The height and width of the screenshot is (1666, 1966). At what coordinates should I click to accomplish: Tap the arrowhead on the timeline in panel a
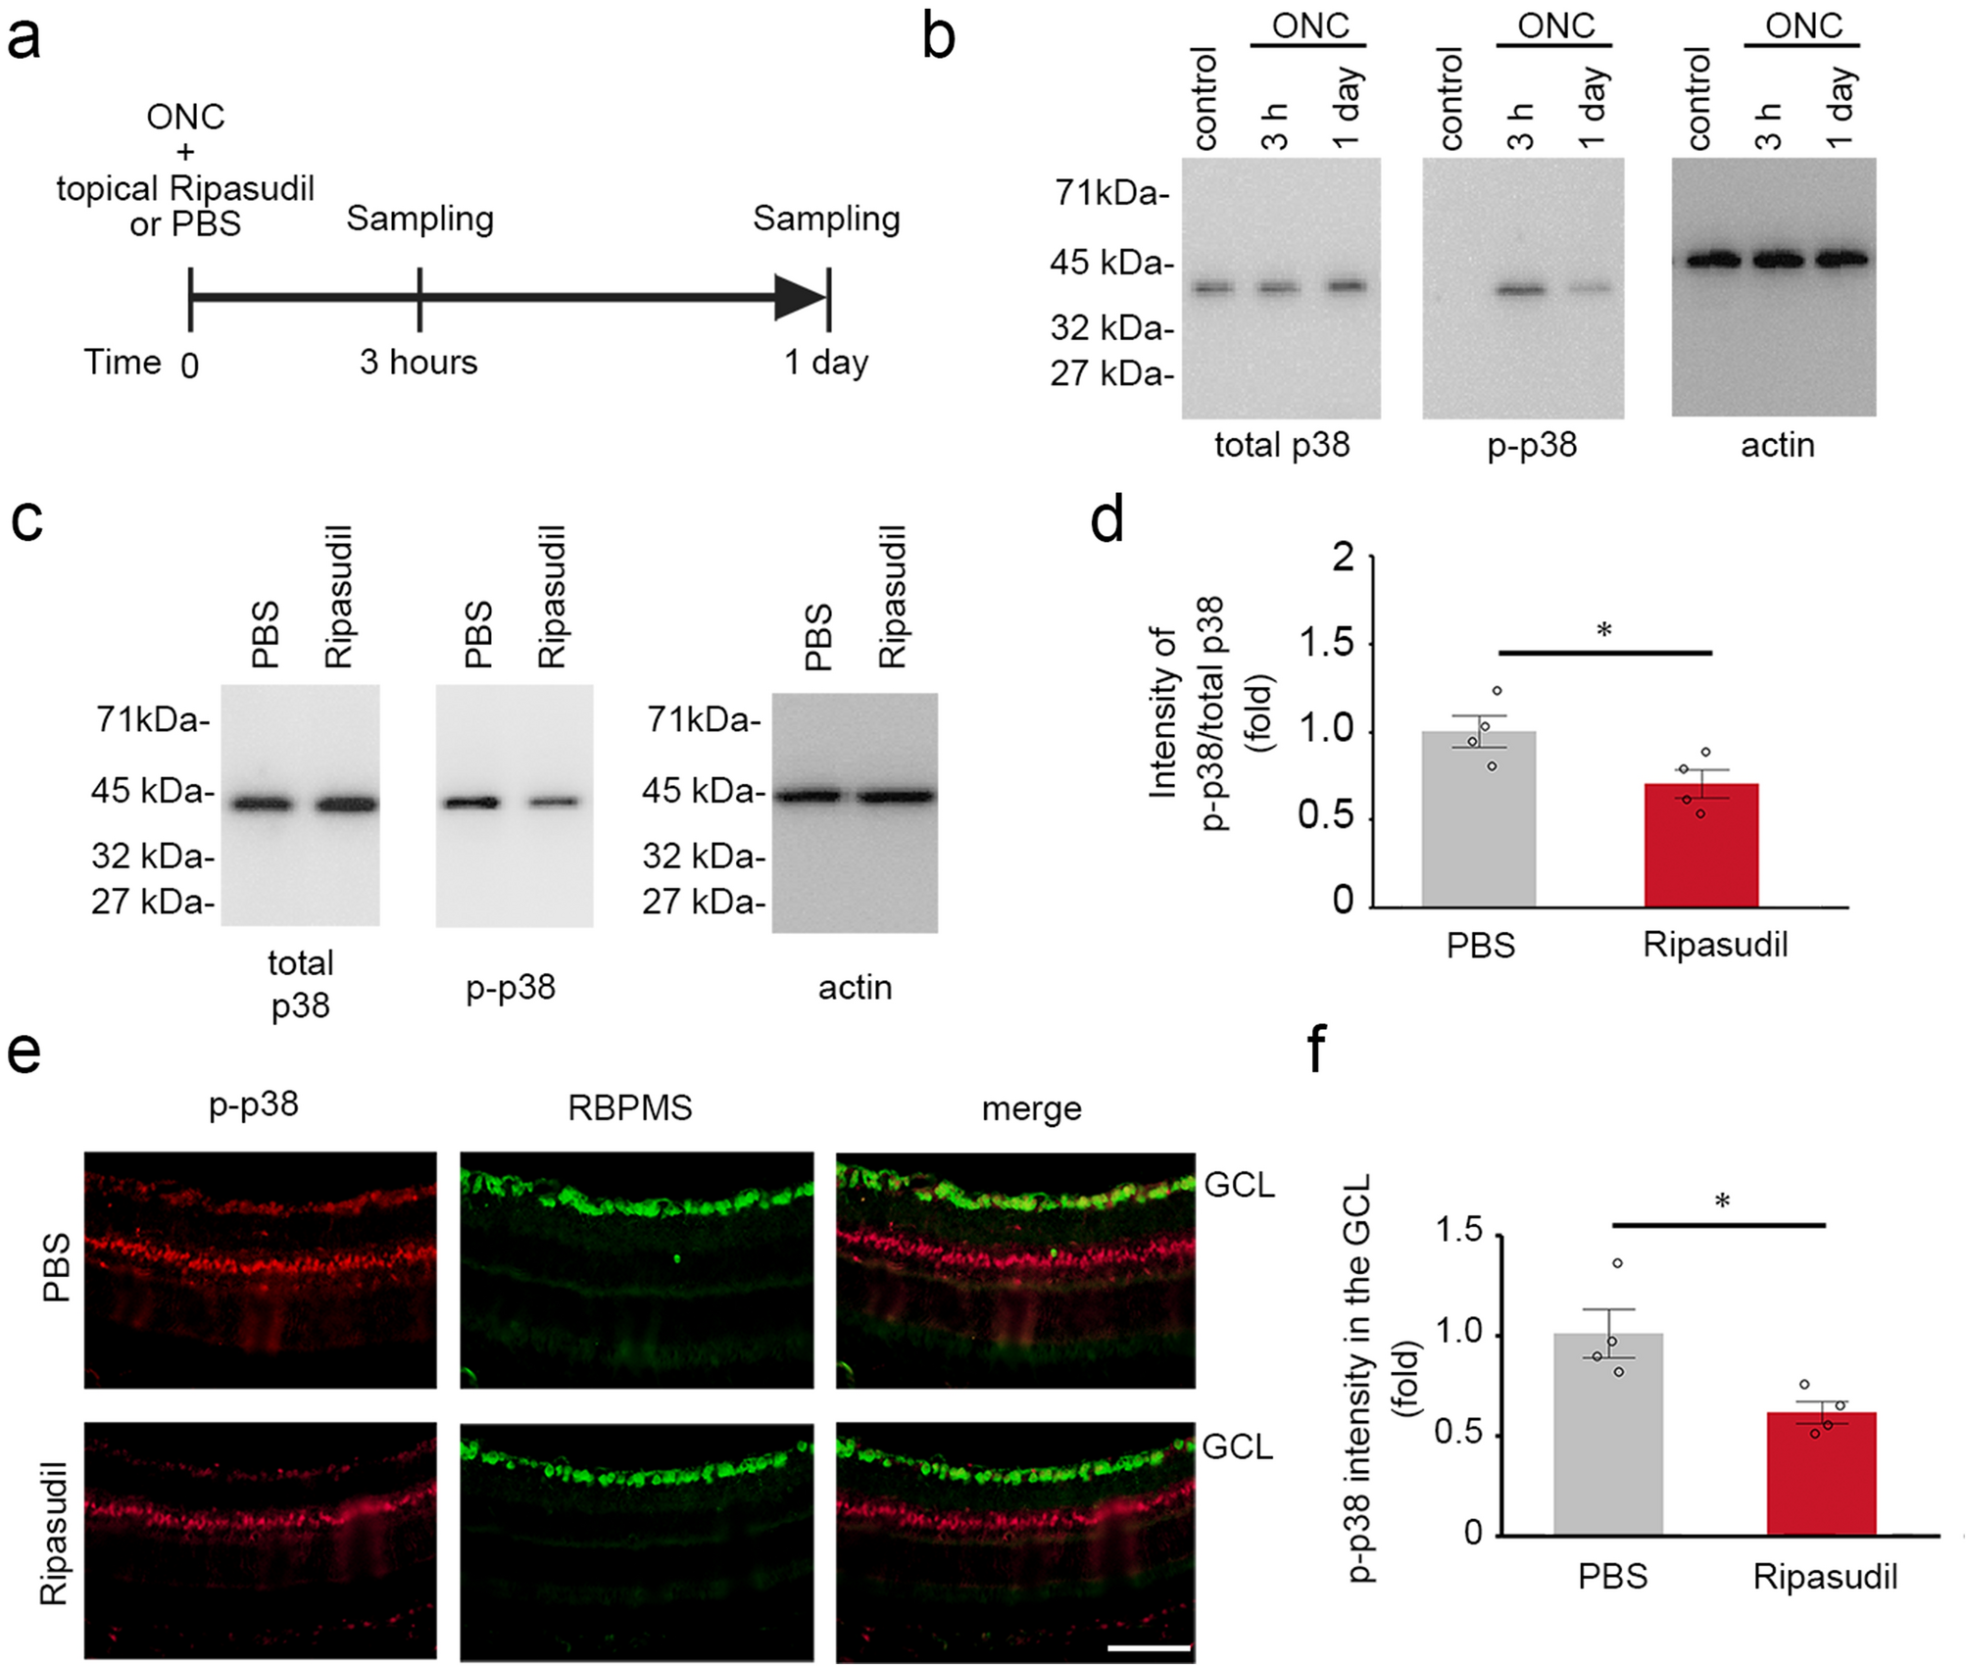[799, 297]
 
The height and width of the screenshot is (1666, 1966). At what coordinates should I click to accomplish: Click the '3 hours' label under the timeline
[418, 362]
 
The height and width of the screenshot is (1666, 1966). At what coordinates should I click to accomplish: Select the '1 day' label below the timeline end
[825, 362]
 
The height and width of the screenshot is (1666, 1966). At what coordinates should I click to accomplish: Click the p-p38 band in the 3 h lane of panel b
[1520, 289]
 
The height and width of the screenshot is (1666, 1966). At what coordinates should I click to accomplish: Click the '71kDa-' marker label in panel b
[1111, 193]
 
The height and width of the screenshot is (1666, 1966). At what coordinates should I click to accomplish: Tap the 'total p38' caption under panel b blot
[1281, 445]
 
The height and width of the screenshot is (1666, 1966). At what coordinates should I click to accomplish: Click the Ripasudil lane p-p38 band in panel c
[555, 802]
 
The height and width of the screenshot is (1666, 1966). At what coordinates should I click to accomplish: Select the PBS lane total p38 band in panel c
[262, 805]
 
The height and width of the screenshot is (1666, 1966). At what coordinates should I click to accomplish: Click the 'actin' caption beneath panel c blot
[855, 987]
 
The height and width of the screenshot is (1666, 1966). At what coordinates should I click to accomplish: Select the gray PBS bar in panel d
[1478, 819]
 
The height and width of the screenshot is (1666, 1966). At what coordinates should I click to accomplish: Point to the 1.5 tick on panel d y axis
[1325, 644]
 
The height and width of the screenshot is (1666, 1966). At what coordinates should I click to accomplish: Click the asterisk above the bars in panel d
[1604, 630]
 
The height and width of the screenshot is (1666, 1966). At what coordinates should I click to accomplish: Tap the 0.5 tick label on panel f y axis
[1457, 1432]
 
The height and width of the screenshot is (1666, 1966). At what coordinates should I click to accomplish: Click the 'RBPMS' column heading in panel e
[629, 1107]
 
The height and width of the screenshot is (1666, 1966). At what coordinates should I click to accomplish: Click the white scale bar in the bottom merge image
[1149, 1647]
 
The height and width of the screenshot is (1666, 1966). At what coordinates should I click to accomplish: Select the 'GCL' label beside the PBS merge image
[1239, 1185]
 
